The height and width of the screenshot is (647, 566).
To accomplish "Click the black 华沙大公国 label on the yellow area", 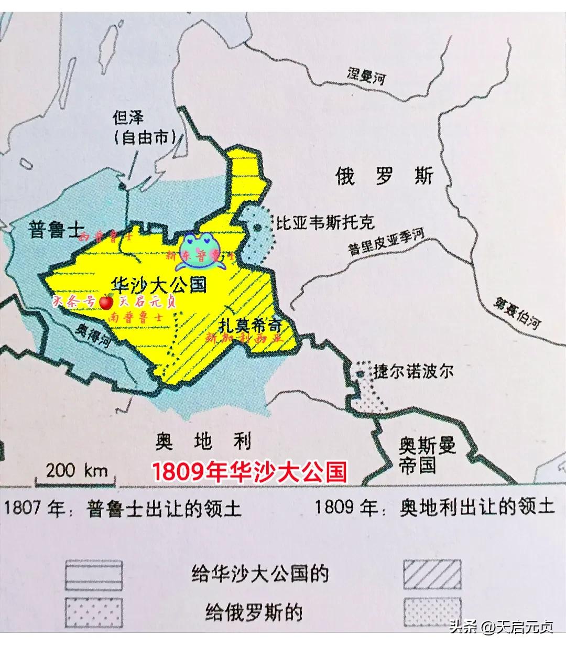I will (159, 284).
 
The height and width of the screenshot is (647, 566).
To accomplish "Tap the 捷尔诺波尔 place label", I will (413, 371).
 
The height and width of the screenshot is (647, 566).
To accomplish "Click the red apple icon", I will (106, 301).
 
